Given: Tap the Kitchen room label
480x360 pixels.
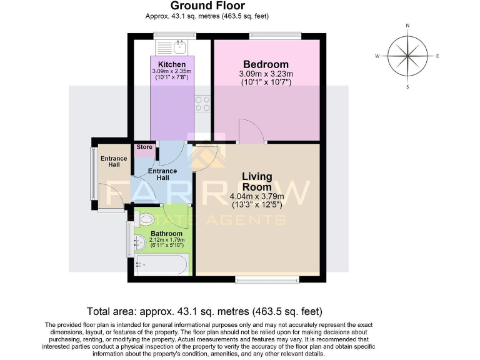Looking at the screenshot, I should (171, 64).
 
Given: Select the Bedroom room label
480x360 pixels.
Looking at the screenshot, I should (266, 64).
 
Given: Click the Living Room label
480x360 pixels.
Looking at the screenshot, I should (257, 182).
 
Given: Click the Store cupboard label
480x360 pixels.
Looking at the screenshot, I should (144, 147).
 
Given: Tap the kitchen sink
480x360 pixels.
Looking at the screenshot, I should (180, 45).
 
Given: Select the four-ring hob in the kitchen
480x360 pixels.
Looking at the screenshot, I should (202, 103).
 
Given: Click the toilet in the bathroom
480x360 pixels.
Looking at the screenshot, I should (147, 219).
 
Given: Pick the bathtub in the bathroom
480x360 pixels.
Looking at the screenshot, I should (161, 266).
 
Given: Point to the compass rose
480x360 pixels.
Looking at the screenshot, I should (407, 56).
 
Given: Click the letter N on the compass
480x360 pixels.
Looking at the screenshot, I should (407, 26).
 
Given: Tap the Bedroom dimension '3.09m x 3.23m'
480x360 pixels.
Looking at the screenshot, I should (266, 74).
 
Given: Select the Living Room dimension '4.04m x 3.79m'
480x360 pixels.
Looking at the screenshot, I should (257, 196).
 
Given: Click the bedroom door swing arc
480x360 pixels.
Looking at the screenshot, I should (252, 132).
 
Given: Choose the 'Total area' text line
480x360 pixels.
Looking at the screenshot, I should (205, 311).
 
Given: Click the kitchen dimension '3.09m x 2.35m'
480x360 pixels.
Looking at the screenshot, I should (171, 72).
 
